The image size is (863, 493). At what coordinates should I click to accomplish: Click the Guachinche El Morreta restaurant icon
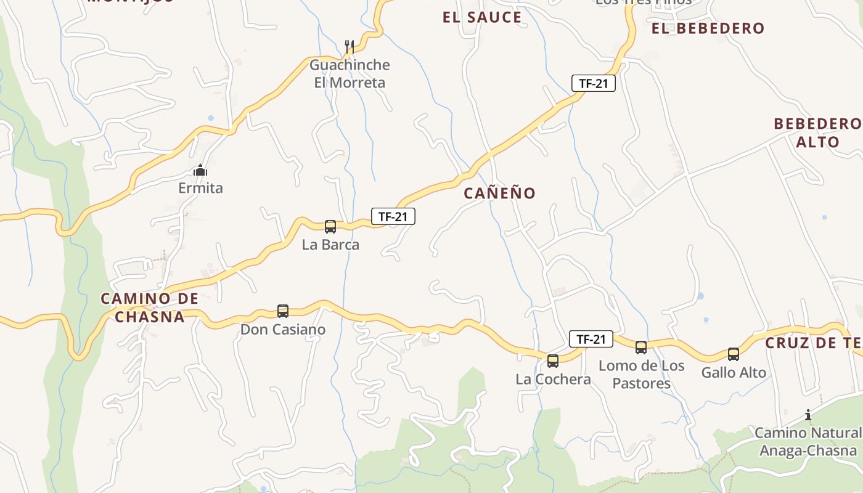tap(350, 46)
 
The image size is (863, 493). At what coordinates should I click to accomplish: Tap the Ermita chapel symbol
tap(200, 170)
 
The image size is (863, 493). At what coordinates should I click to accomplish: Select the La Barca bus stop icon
tap(330, 226)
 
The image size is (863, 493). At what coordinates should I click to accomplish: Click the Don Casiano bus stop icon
tap(283, 311)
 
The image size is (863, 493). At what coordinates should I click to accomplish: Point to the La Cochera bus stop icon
tap(553, 361)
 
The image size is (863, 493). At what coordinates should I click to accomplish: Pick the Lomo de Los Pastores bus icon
tap(641, 347)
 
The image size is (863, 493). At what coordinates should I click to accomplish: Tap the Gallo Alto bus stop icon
tap(734, 354)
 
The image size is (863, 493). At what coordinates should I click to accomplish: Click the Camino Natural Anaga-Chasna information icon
tap(808, 415)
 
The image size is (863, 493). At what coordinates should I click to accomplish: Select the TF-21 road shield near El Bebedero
tap(594, 83)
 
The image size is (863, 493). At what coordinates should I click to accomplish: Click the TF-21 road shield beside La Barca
tap(393, 216)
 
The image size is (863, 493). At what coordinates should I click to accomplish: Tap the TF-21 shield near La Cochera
tap(591, 338)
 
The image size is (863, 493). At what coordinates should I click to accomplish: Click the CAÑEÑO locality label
tap(500, 193)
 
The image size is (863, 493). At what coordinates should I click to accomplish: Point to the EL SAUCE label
tap(482, 17)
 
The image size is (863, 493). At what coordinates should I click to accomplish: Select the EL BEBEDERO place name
tap(708, 28)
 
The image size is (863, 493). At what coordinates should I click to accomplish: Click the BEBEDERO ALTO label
tap(817, 132)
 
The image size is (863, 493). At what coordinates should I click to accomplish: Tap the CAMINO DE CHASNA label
tap(150, 308)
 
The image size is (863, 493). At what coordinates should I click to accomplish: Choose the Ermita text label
tap(200, 188)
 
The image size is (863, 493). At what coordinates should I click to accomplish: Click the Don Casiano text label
tap(283, 330)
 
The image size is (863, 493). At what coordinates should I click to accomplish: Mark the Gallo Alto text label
tap(734, 372)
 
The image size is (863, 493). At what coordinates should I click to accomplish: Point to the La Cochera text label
tap(553, 379)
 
